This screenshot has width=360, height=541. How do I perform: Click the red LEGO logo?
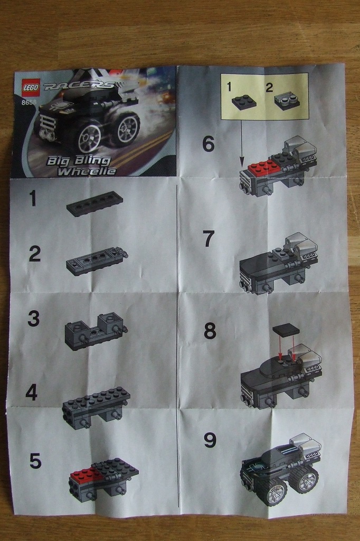[31, 87]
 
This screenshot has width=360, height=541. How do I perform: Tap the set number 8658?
[29, 102]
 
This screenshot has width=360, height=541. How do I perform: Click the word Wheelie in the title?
[87, 171]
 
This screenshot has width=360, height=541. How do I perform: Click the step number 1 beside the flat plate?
[33, 199]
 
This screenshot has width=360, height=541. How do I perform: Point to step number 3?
[33, 319]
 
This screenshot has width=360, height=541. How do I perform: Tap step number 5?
[35, 461]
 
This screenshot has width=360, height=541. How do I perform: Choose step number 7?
[209, 239]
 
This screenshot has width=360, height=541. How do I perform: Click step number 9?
[210, 440]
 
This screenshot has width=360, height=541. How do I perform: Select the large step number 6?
[209, 144]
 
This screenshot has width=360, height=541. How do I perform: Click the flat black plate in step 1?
[94, 203]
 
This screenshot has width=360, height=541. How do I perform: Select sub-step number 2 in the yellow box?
[269, 87]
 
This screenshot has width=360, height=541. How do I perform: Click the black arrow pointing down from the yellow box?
[241, 142]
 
